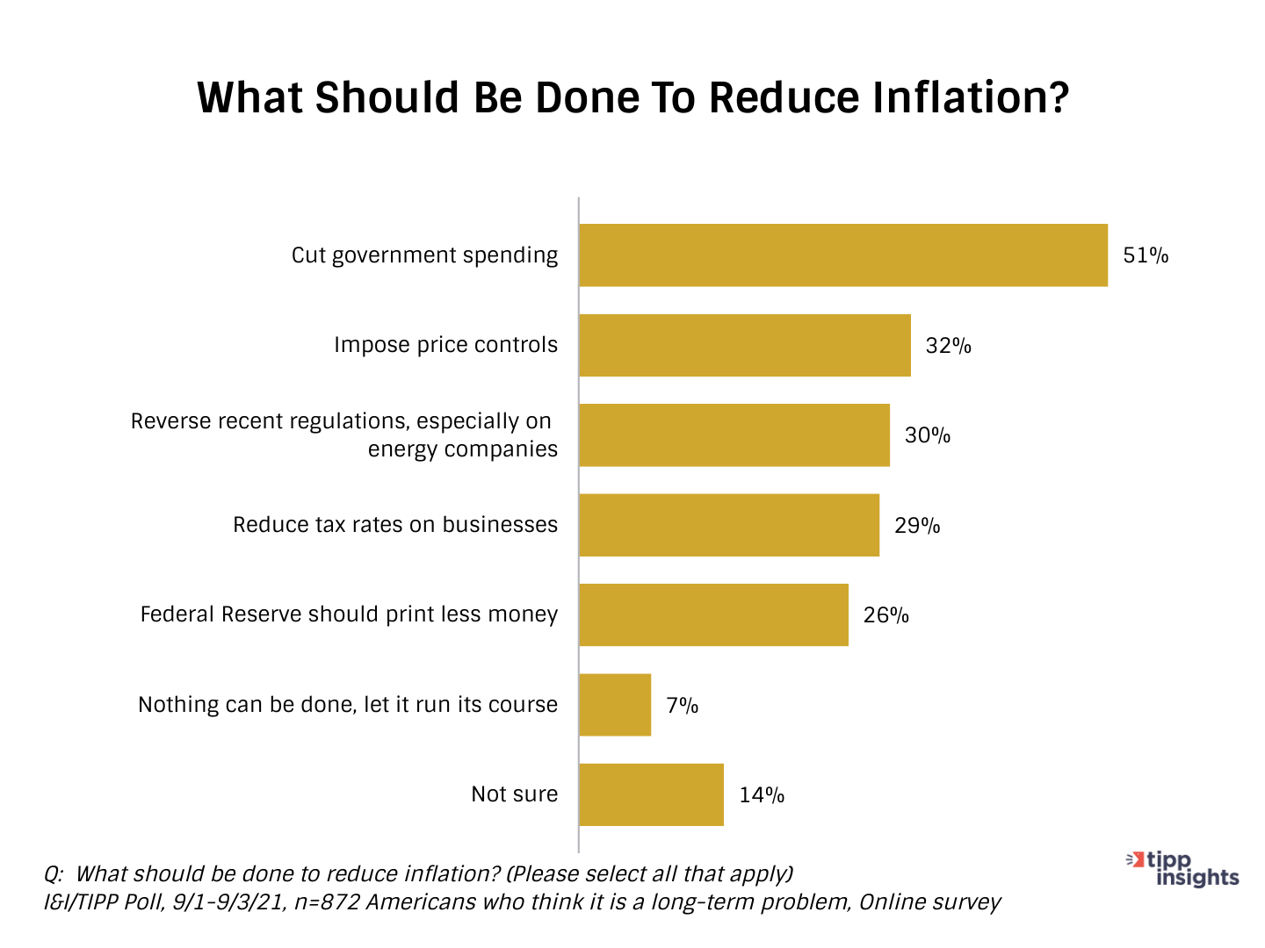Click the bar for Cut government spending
click(843, 255)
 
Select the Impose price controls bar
click(745, 345)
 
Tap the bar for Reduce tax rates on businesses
click(729, 525)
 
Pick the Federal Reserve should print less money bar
click(713, 614)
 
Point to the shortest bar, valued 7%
click(615, 705)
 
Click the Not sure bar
click(651, 794)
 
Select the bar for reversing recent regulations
click(734, 435)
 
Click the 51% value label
click(1146, 255)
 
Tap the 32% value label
click(949, 346)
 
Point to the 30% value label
click(928, 435)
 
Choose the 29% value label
click(917, 526)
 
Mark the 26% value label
click(885, 615)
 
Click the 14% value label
click(762, 795)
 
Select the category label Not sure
click(515, 794)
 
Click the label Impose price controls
click(445, 345)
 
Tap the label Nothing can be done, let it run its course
click(348, 705)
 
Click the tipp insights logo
click(1183, 868)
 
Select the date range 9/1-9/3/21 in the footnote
click(223, 902)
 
